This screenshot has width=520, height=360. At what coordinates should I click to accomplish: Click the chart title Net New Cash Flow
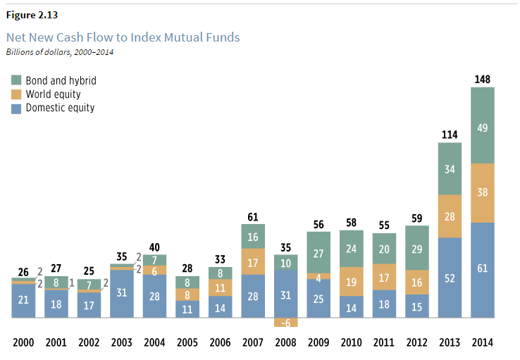coord(123,37)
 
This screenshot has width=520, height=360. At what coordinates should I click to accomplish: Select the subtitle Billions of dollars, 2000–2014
coord(60,51)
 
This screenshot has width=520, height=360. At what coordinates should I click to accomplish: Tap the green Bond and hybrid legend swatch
coord(16,80)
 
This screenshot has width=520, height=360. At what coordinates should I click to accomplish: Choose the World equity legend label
coord(54,94)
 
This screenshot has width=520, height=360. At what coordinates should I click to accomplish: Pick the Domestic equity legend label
coord(60,108)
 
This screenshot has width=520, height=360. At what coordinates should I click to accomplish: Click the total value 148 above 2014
coord(482,79)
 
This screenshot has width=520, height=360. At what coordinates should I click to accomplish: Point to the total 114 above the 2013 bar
coord(450,134)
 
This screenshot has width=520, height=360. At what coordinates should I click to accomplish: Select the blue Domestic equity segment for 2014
coord(482,270)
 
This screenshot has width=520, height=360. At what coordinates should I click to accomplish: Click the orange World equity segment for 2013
coord(450,216)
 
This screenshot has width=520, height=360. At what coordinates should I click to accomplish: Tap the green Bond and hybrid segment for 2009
coord(318,254)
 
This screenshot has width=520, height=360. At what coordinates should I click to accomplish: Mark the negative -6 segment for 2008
coord(285,323)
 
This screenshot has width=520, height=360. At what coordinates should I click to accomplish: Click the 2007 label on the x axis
coord(252,343)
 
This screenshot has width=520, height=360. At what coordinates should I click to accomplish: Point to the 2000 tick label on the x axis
coord(23,343)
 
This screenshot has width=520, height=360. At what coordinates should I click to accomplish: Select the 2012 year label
coord(416,343)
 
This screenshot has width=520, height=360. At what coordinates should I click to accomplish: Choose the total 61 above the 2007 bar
coord(252,216)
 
